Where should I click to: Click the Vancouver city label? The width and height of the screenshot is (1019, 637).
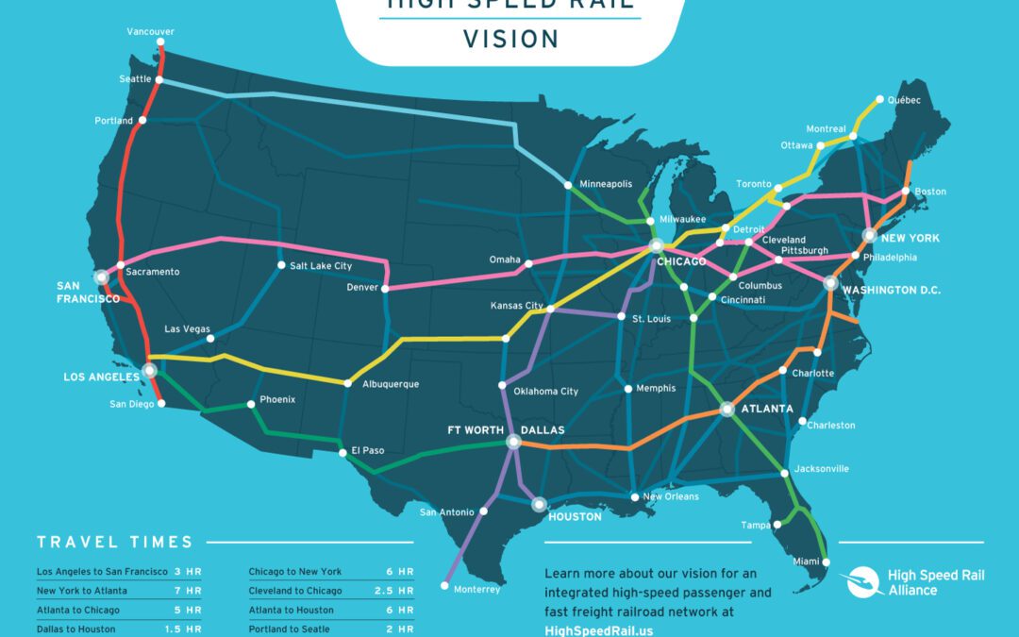150,31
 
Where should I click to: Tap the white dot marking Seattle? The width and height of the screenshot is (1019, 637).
159,79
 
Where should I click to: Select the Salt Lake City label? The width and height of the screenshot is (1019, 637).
321,266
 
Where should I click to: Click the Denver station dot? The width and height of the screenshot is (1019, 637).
384,288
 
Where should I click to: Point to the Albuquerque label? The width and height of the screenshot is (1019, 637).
391,384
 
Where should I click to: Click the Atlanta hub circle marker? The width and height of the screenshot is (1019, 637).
727,409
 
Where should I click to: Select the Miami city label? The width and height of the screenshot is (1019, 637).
807,562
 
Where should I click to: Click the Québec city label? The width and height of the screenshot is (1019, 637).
904,99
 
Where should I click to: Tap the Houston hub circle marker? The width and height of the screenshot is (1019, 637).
539,504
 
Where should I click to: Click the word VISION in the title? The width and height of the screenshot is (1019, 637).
510,39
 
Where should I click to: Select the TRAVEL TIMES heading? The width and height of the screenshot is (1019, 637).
115,542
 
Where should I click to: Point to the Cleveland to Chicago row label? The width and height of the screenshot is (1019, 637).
295,591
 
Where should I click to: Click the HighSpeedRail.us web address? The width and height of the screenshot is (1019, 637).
599,629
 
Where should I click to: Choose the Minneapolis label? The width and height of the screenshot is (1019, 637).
606,184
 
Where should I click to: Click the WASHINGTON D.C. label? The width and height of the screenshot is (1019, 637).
892,290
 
